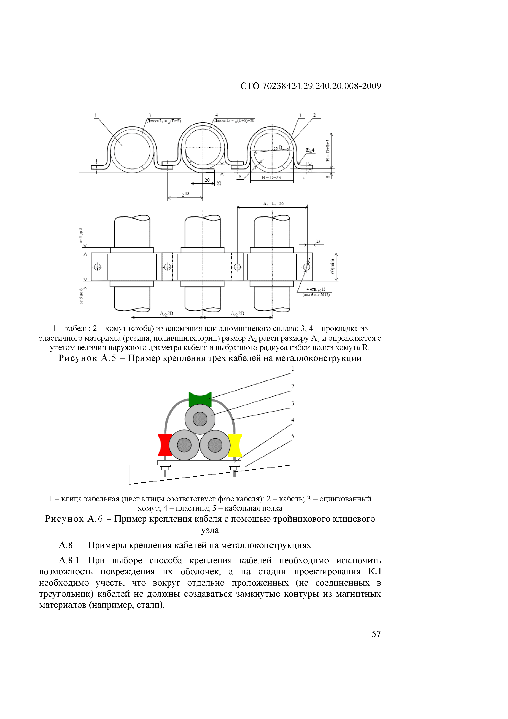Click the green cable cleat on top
point(200,399)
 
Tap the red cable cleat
point(165,445)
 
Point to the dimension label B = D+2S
point(271,177)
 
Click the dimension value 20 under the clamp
point(207,180)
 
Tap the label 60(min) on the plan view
point(333,266)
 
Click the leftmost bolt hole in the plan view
point(97,267)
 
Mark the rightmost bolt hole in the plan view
point(307,267)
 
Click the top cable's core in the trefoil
point(200,419)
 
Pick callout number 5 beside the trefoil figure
point(292,436)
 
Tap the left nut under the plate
point(165,468)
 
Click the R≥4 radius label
point(310,150)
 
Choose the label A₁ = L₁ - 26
point(273,204)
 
